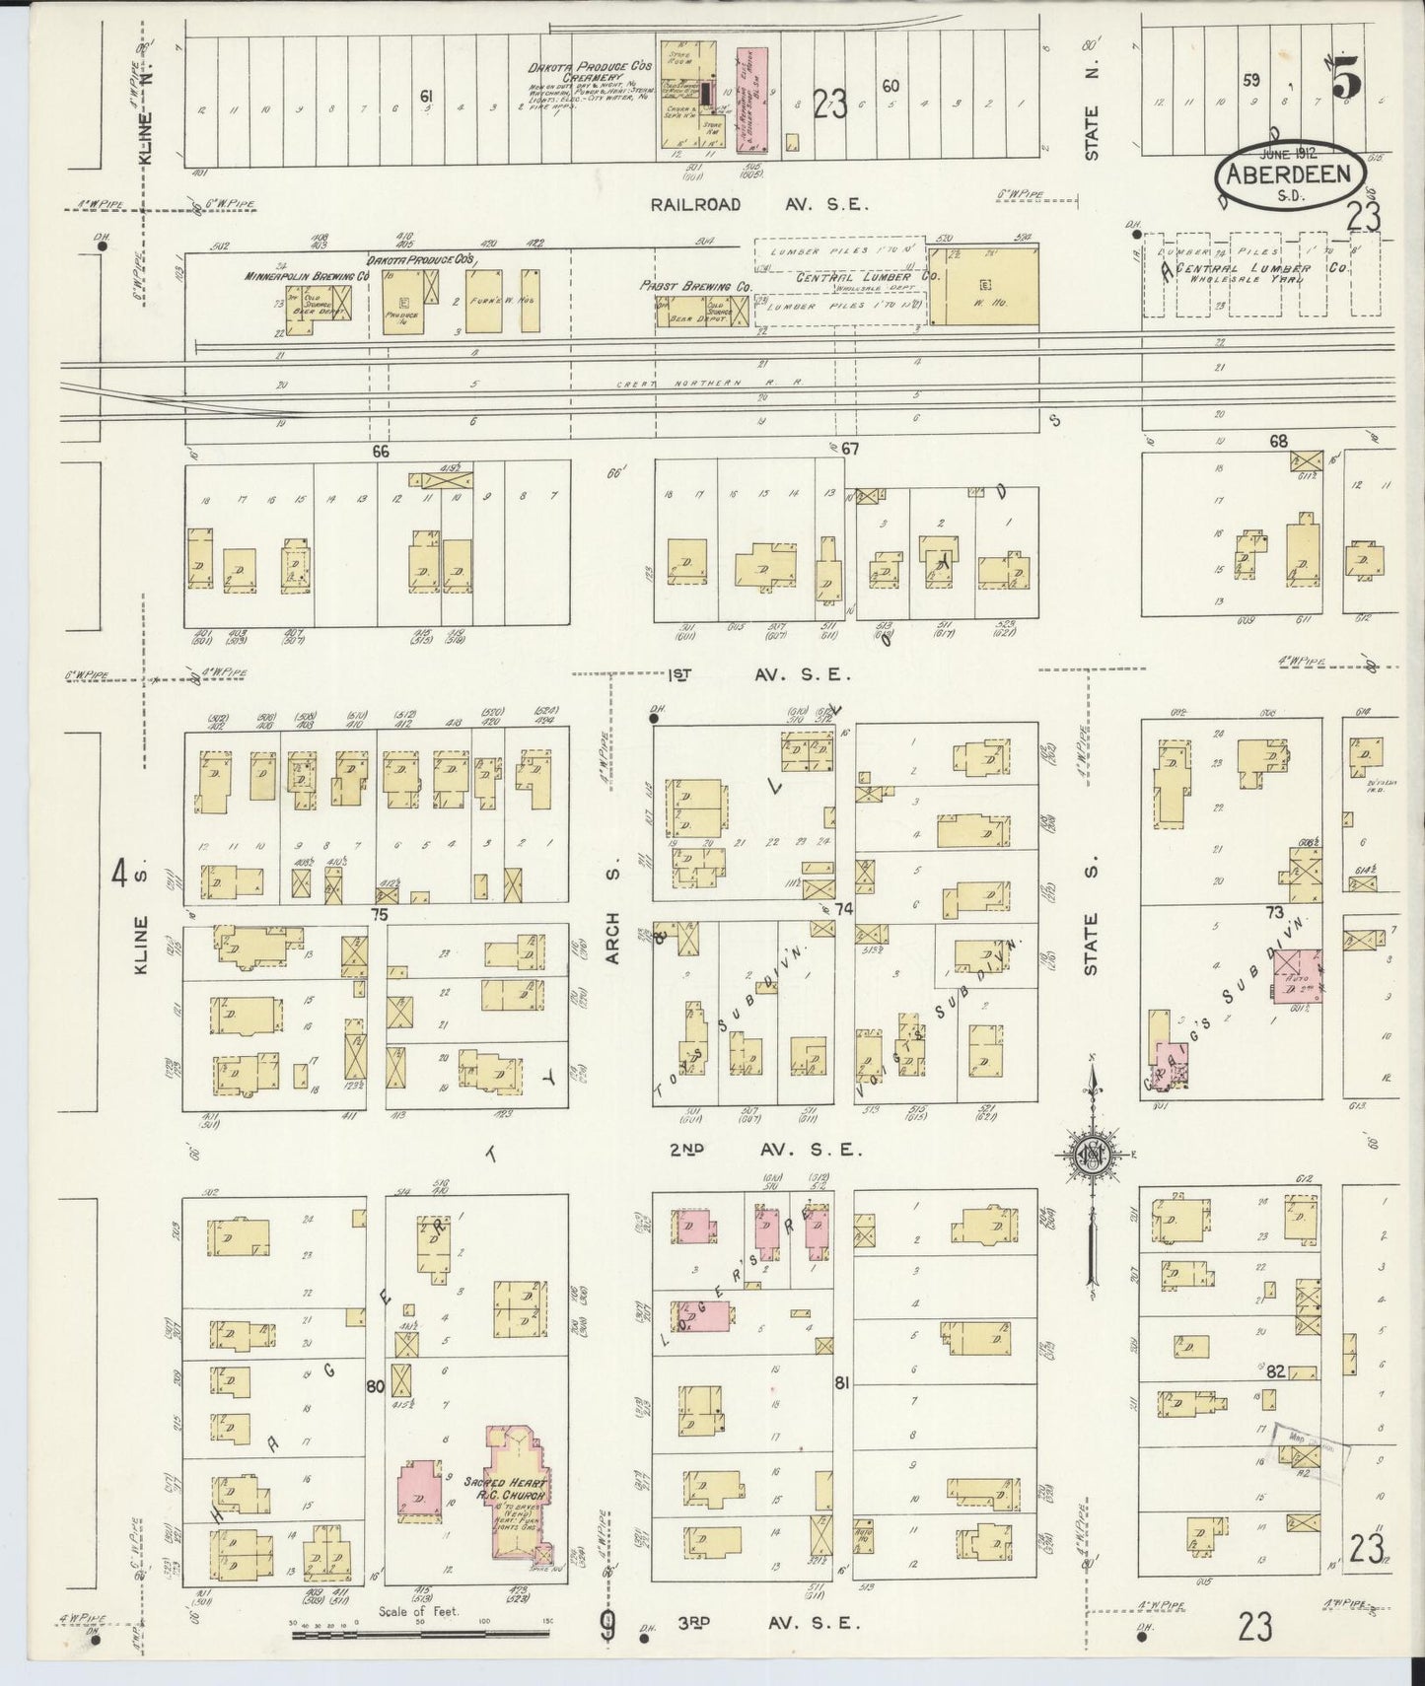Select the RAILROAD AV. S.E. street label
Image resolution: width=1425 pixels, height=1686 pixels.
(759, 205)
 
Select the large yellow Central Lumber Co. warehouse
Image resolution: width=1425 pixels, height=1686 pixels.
(982, 286)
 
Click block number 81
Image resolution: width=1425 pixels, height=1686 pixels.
(841, 1384)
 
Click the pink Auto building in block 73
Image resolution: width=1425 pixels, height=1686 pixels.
(1296, 977)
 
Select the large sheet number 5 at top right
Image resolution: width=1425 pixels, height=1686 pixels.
(1344, 81)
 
